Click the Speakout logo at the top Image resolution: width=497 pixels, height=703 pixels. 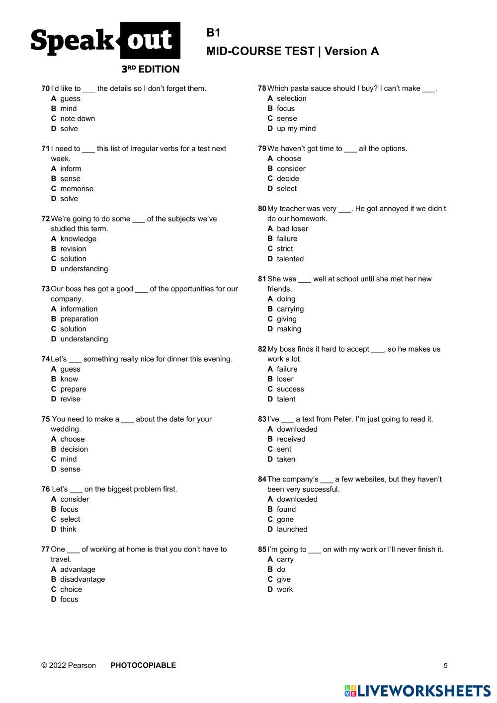click(x=105, y=42)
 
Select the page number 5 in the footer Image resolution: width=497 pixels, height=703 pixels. click(x=445, y=666)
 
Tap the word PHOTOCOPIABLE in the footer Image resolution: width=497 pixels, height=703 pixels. click(x=143, y=665)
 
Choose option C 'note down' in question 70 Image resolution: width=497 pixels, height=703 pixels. click(x=77, y=118)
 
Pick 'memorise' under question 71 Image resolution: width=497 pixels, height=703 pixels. click(x=77, y=189)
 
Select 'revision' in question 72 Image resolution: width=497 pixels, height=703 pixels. click(x=73, y=249)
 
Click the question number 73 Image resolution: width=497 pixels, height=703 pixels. click(x=45, y=289)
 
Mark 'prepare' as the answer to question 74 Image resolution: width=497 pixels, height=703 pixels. click(x=73, y=389)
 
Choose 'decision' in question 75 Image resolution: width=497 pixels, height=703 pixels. click(x=74, y=449)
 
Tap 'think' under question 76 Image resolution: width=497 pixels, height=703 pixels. click(x=68, y=529)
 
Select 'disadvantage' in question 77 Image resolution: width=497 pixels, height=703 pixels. click(x=83, y=579)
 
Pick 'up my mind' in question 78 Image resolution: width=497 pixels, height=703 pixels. click(x=296, y=128)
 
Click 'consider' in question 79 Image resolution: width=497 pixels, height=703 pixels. click(x=291, y=168)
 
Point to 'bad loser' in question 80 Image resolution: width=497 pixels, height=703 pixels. click(x=292, y=229)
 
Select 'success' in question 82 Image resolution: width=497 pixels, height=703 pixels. click(x=290, y=389)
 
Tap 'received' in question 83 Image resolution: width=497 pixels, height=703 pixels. click(x=291, y=439)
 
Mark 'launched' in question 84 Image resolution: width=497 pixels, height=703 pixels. click(x=292, y=529)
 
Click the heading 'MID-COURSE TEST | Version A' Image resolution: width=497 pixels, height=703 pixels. click(x=292, y=51)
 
